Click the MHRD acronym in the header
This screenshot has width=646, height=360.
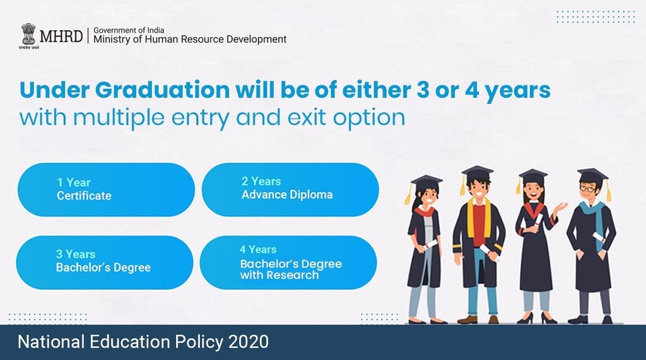coord(61,36)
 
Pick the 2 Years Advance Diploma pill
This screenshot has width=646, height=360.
coord(290,189)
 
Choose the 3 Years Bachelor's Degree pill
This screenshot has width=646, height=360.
coord(104,262)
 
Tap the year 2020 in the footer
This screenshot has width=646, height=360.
coord(247,342)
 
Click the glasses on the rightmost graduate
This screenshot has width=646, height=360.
coord(587,189)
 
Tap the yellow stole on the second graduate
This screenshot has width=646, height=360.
coord(471,218)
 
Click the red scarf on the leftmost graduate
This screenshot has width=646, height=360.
coord(425,212)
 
